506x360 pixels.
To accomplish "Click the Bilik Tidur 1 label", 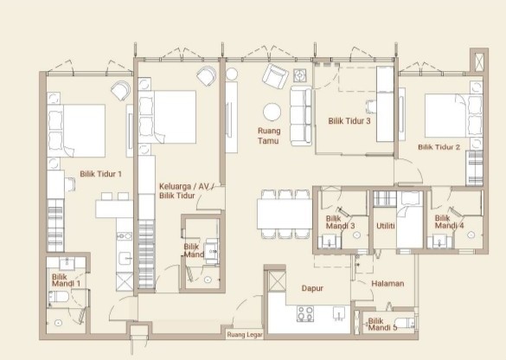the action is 100,174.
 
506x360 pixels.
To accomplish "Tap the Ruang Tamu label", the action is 269,136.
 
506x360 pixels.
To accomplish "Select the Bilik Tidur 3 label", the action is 349,121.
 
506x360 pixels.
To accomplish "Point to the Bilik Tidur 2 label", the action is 439,147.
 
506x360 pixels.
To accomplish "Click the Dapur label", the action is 312,288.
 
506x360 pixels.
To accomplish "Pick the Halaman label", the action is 388,284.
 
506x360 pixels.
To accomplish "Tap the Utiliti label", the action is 385,226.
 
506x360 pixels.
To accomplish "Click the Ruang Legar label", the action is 245,335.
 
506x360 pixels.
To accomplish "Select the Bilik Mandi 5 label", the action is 382,325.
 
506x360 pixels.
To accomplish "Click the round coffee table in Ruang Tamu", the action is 272,112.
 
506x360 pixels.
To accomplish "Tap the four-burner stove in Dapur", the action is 305,313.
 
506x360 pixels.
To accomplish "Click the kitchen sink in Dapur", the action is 339,313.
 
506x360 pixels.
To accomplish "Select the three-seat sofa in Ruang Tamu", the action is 301,116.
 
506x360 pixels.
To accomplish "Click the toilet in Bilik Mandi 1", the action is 59,297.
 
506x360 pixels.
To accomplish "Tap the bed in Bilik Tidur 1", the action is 76,131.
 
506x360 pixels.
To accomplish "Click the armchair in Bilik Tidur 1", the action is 121,90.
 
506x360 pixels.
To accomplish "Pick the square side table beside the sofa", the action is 300,75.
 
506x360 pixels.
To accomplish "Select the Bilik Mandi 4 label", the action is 449,222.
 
